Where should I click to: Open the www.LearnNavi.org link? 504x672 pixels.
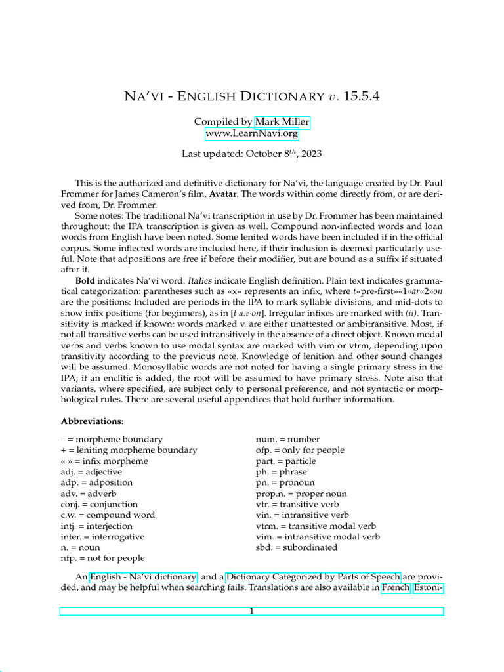(x=251, y=134)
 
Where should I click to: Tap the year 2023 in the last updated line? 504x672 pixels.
(x=309, y=155)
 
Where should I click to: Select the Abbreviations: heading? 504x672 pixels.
(x=93, y=421)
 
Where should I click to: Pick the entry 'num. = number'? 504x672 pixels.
(x=286, y=439)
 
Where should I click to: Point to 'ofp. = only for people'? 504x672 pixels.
(x=300, y=450)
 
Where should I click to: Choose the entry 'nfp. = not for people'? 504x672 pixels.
(x=102, y=558)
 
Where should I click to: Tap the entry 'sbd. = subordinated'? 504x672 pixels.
(x=296, y=547)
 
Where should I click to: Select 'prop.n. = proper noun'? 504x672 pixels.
(x=301, y=493)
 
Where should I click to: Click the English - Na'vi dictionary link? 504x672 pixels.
(x=143, y=577)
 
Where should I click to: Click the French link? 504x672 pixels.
(x=396, y=588)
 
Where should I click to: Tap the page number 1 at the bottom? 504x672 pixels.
(x=251, y=612)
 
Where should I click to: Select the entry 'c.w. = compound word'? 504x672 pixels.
(x=108, y=514)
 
